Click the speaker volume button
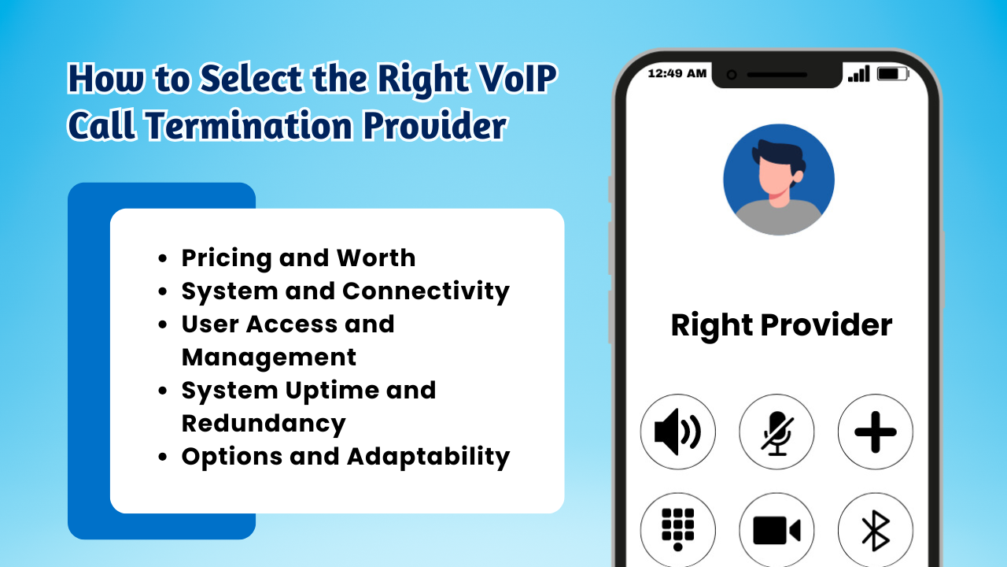677,432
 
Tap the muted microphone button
776,432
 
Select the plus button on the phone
875,432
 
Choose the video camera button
776,530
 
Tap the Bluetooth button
875,530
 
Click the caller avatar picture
778,180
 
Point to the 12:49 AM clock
677,74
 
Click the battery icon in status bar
891,74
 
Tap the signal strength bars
858,74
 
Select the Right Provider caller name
781,325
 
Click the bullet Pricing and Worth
298,258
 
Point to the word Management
268,357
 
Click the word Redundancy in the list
264,423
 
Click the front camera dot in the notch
732,75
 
